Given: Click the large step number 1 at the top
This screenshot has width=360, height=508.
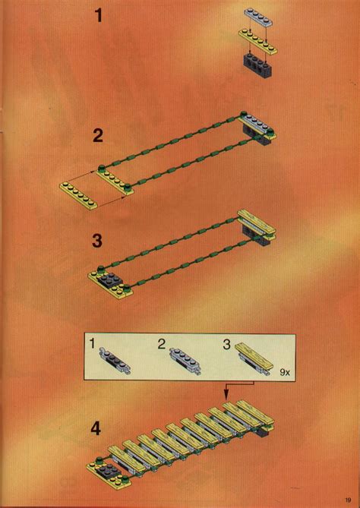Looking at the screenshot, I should [x=97, y=14].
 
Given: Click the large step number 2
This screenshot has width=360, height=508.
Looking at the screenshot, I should [x=97, y=137].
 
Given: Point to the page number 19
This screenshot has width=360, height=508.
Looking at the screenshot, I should [x=348, y=500].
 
